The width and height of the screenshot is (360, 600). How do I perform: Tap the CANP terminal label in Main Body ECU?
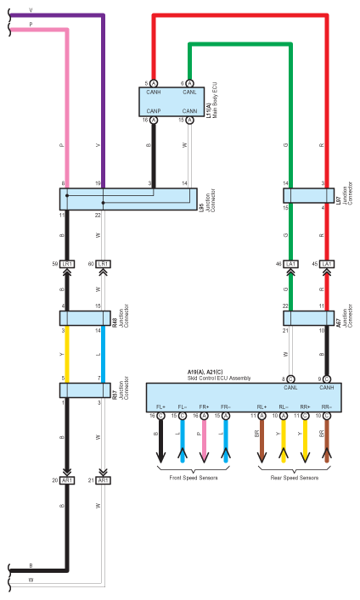154,111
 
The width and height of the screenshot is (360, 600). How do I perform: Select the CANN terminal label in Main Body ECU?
188,111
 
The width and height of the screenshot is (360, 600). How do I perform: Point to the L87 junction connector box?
307,195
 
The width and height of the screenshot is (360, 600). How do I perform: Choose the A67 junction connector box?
307,317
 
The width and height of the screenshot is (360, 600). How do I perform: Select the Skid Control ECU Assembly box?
241,397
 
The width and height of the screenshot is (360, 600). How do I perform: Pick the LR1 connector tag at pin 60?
104,264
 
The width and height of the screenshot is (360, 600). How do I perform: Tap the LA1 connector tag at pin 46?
291,264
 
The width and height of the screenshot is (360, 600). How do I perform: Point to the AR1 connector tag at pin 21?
104,480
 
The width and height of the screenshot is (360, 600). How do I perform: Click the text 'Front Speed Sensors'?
193,479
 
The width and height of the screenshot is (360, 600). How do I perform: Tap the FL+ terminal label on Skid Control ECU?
160,407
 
